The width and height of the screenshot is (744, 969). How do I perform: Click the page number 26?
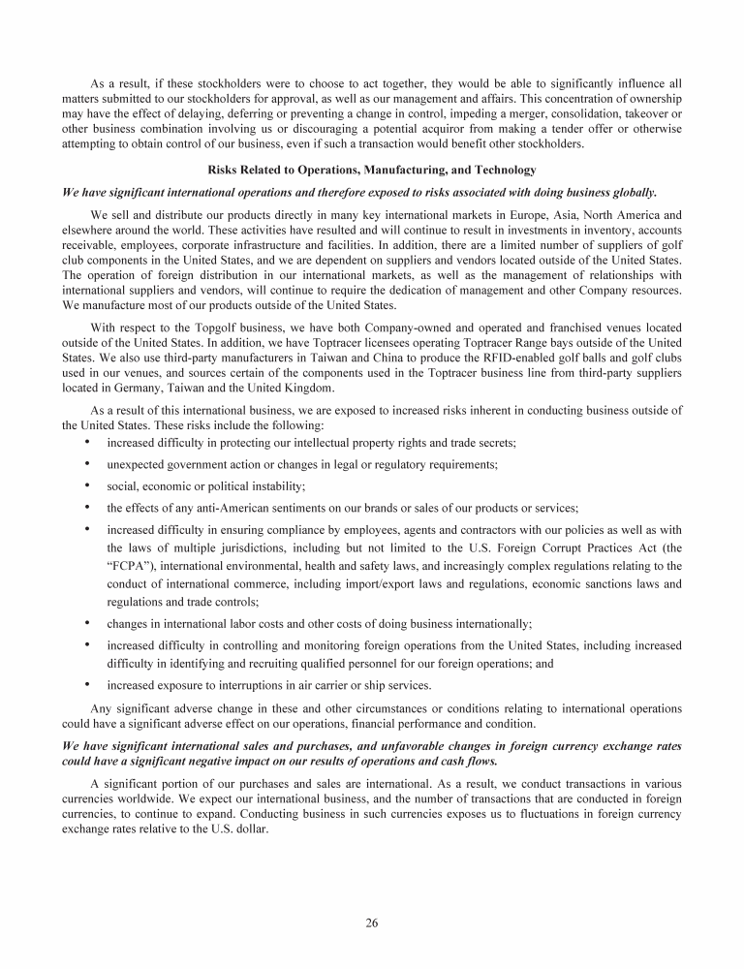pos(372,922)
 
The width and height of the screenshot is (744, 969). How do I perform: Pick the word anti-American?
pos(225,507)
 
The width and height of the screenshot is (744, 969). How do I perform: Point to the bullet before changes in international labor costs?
pos(88,624)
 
